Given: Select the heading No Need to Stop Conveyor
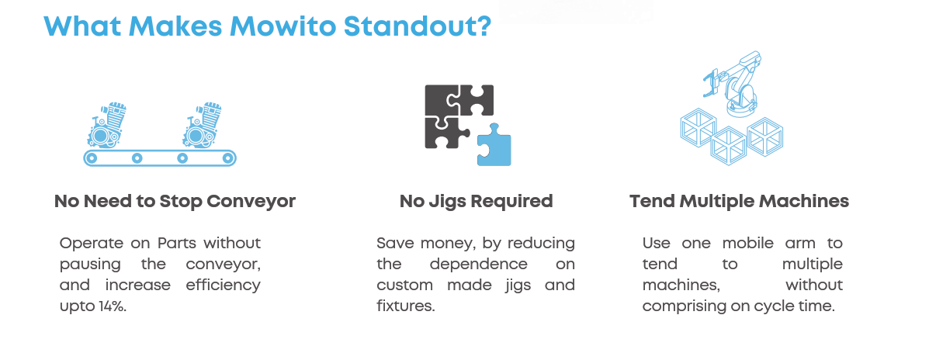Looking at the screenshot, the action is pyautogui.click(x=175, y=201).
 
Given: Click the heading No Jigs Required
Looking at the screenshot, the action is pyautogui.click(x=477, y=201).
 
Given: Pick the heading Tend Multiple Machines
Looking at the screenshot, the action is pyautogui.click(x=740, y=201).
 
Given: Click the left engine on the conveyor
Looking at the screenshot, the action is pyautogui.click(x=107, y=125).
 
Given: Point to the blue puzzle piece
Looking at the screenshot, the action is pyautogui.click(x=494, y=146).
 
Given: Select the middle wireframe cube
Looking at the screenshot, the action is pyautogui.click(x=727, y=146).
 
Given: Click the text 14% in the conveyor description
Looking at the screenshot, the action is pyautogui.click(x=112, y=308).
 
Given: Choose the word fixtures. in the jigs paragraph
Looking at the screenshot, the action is pyautogui.click(x=406, y=308).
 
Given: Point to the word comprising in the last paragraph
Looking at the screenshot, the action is pyautogui.click(x=681, y=306).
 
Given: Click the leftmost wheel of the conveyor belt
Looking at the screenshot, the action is pyautogui.click(x=92, y=158).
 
